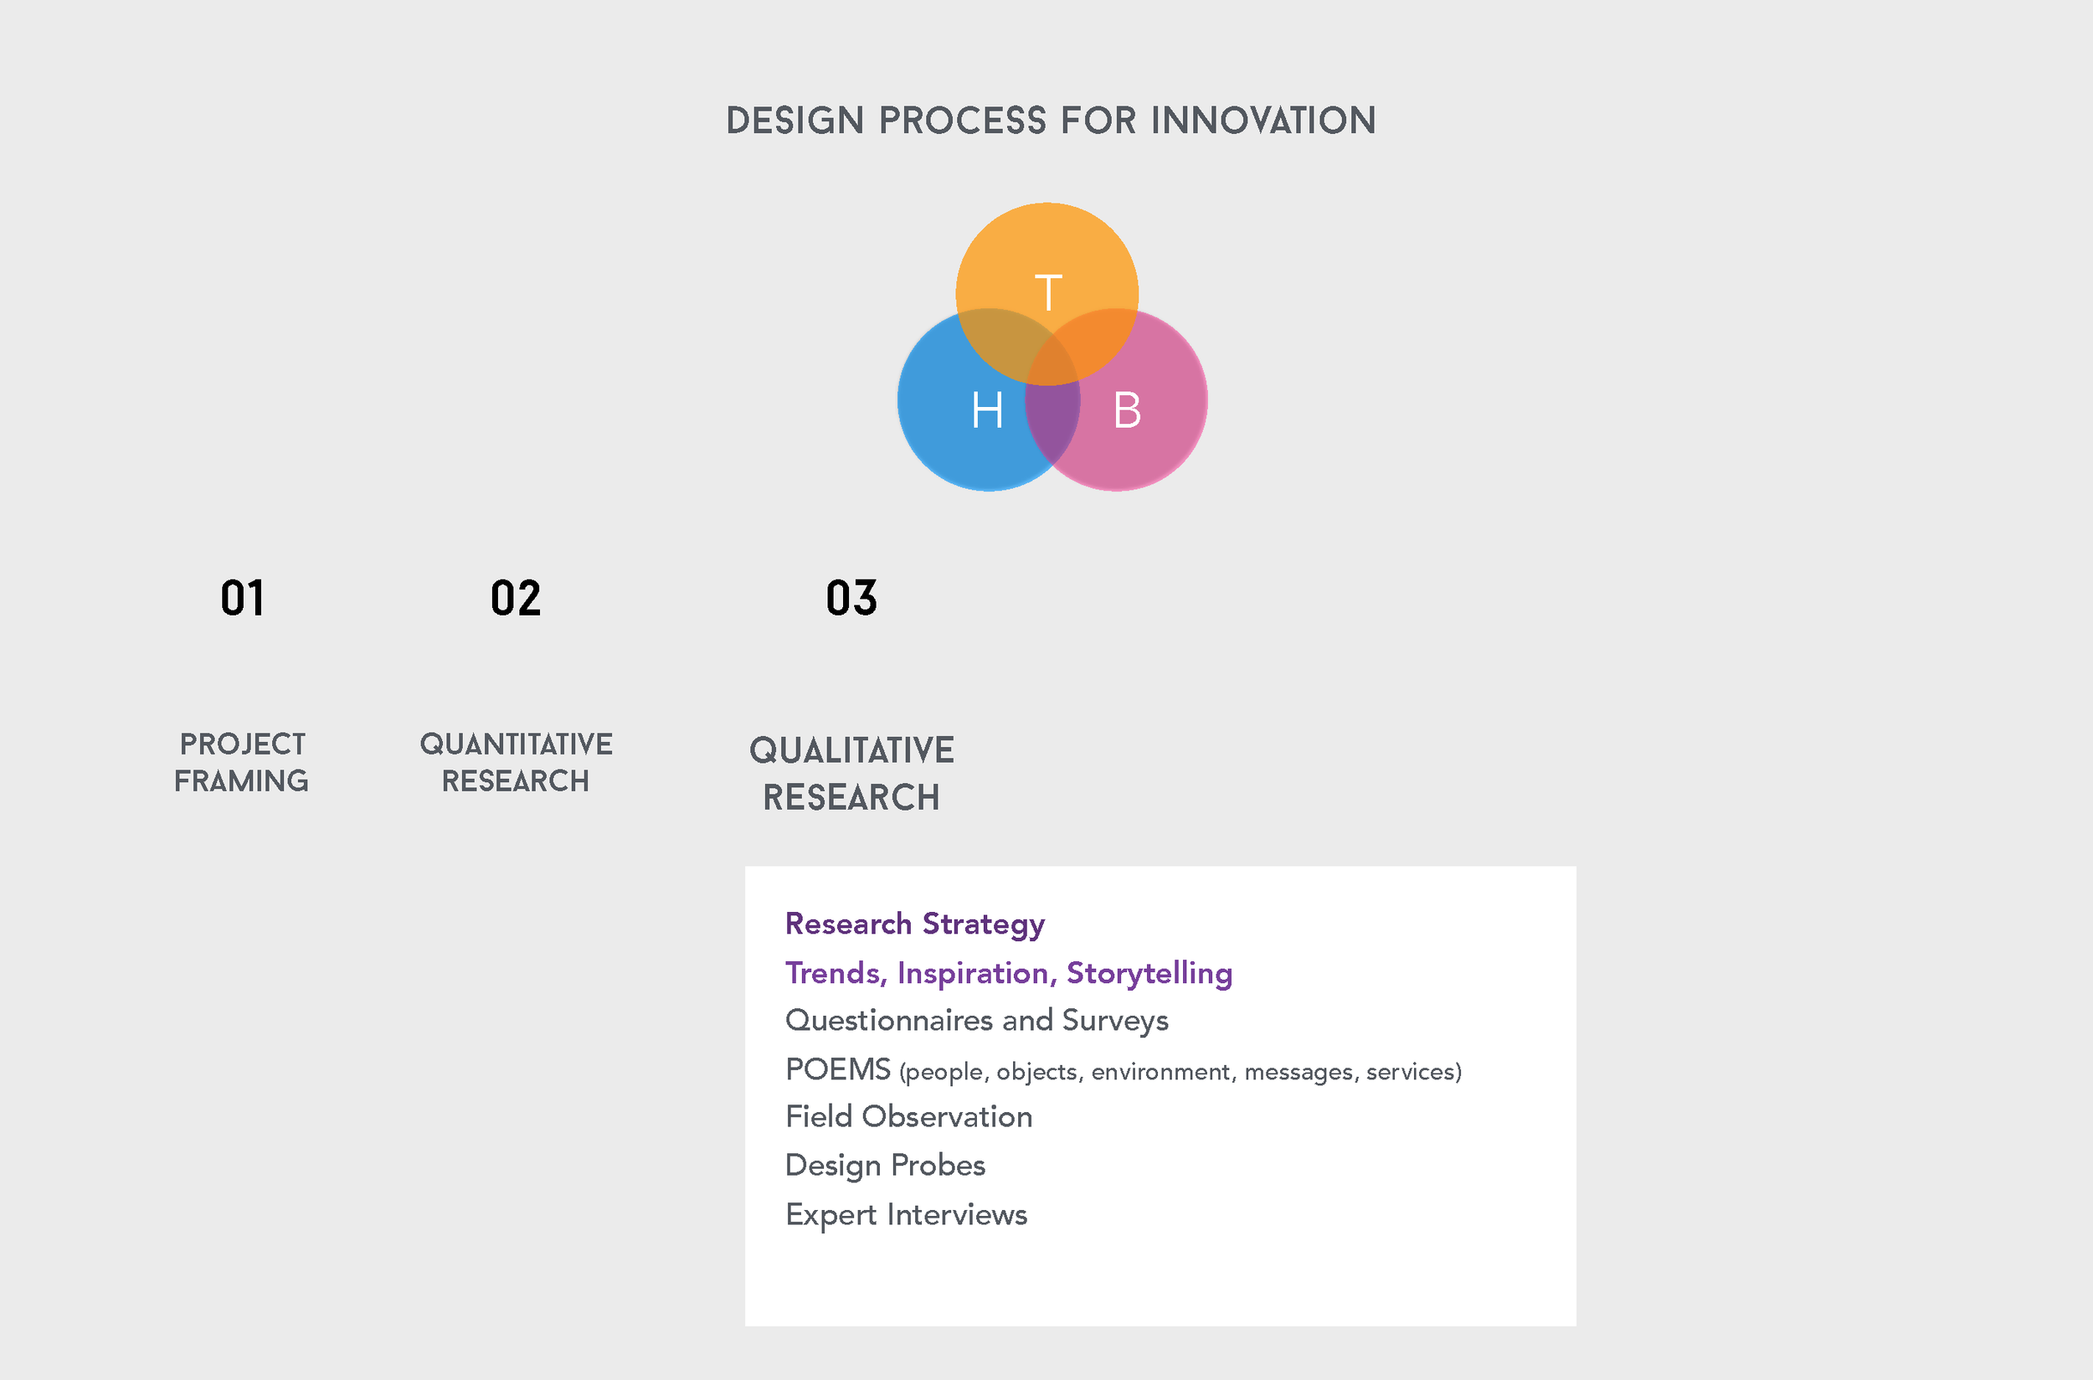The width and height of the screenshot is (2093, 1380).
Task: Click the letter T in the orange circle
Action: [x=1048, y=292]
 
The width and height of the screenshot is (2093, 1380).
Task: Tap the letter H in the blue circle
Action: [x=987, y=410]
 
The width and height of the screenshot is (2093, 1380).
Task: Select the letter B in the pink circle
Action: [x=1127, y=410]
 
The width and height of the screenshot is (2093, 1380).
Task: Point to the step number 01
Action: [x=242, y=599]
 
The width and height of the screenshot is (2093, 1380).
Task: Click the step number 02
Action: [x=516, y=599]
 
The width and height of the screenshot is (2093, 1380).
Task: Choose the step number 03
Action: [x=851, y=599]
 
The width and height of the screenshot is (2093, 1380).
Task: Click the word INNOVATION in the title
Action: [x=1263, y=121]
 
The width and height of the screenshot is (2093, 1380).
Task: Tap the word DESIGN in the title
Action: [x=795, y=121]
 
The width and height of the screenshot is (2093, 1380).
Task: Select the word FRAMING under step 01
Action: [x=241, y=781]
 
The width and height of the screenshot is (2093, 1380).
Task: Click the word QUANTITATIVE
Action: [x=516, y=744]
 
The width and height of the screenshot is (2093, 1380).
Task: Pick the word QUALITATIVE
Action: [x=851, y=751]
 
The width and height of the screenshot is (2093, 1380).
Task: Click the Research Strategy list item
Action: [x=914, y=924]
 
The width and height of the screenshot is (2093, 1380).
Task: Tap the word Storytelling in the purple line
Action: [x=1149, y=973]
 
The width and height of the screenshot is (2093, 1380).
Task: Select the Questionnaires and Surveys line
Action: [x=976, y=1021]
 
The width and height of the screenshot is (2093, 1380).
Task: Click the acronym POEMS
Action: [x=837, y=1069]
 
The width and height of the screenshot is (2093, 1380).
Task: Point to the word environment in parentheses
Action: [x=1160, y=1072]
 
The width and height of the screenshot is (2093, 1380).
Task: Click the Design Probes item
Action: [x=885, y=1166]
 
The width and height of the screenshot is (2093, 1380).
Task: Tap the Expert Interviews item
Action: [x=906, y=1214]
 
